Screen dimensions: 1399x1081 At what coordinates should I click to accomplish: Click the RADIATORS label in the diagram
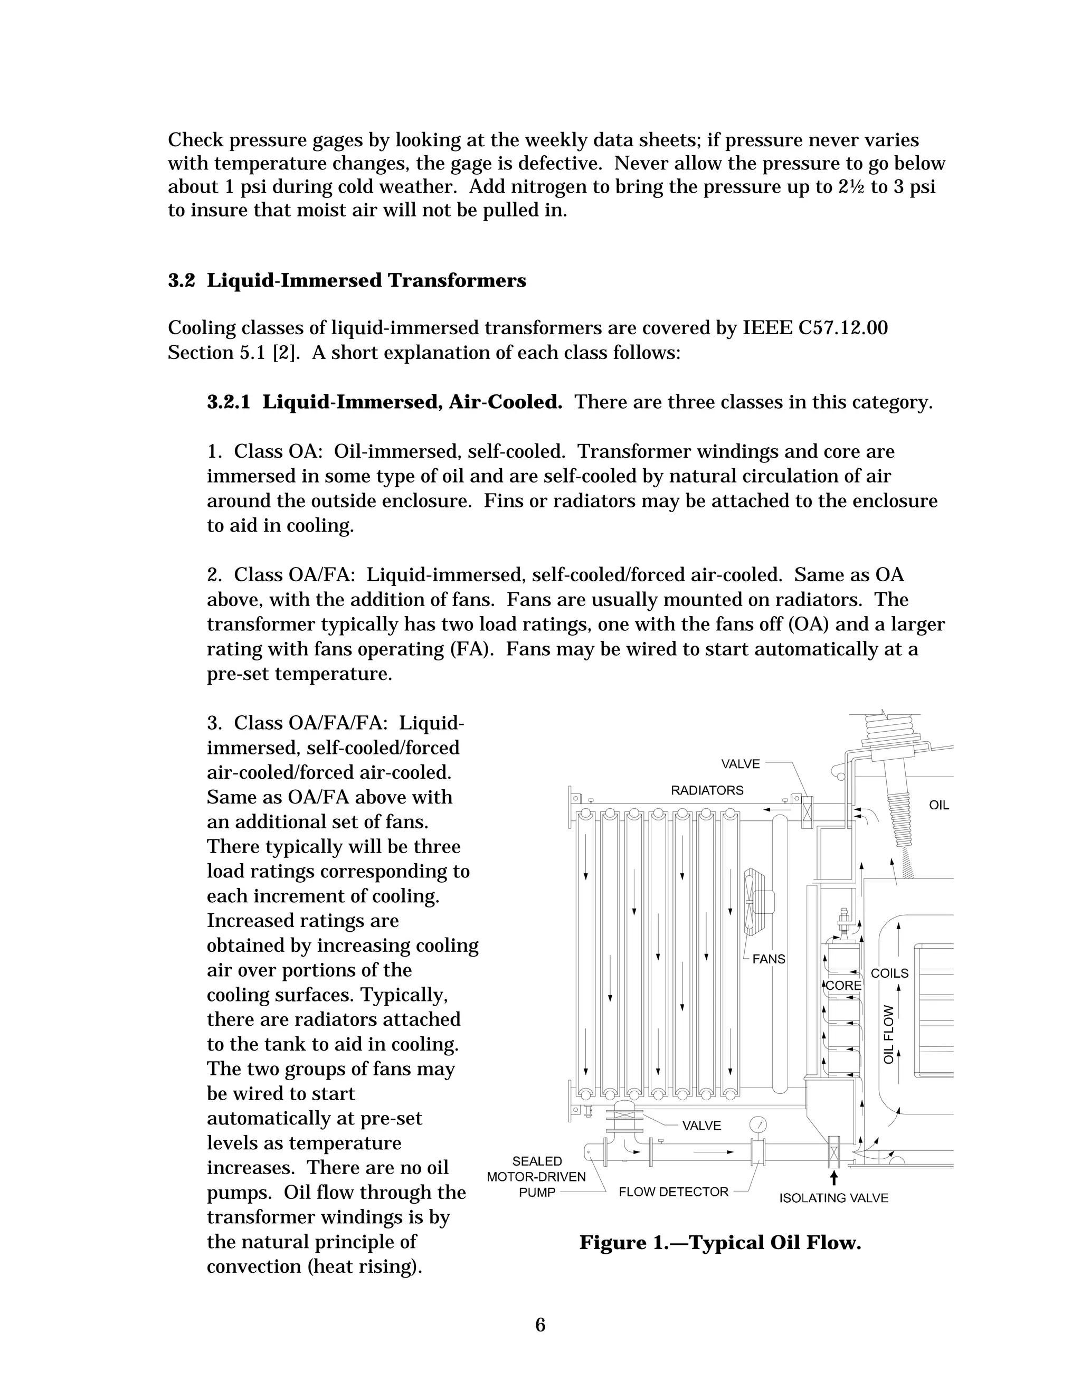pyautogui.click(x=707, y=790)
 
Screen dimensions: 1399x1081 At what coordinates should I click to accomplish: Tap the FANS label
pyautogui.click(x=769, y=959)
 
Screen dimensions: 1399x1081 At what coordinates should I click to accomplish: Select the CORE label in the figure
pyautogui.click(x=843, y=985)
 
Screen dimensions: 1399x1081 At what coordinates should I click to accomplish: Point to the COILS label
pyautogui.click(x=889, y=973)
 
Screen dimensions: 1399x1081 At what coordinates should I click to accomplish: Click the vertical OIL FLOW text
pyautogui.click(x=889, y=1035)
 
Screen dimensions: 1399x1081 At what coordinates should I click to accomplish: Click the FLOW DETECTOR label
pyautogui.click(x=673, y=1192)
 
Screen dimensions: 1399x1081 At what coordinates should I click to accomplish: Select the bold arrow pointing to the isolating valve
pyautogui.click(x=834, y=1178)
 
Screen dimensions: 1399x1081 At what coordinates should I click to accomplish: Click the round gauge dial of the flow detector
pyautogui.click(x=757, y=1126)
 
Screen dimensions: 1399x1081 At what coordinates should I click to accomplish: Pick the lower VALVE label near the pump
pyautogui.click(x=701, y=1126)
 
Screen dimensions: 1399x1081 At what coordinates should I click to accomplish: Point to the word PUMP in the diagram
pyautogui.click(x=537, y=1192)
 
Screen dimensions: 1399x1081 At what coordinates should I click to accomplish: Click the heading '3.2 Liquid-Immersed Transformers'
pyautogui.click(x=347, y=280)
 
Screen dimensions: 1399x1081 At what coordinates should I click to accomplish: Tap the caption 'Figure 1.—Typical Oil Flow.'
pyautogui.click(x=720, y=1243)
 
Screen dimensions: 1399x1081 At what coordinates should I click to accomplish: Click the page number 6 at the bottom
pyautogui.click(x=540, y=1325)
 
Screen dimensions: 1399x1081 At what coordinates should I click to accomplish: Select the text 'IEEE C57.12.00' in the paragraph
pyautogui.click(x=814, y=328)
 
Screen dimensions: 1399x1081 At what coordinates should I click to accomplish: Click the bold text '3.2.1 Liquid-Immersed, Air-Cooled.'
pyautogui.click(x=384, y=402)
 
